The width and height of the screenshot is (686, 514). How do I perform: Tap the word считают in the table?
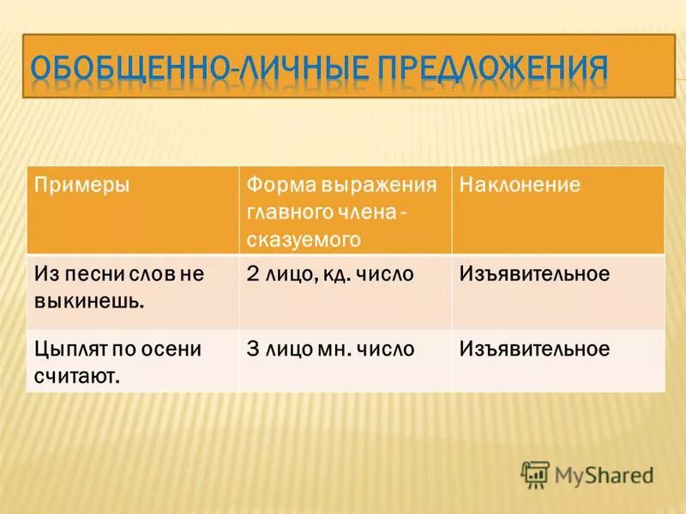[x=75, y=376]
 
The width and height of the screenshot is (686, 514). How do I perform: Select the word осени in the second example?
[x=171, y=350]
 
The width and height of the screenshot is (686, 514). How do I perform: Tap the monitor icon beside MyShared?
[x=535, y=474]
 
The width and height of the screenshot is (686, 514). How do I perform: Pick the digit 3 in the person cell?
[x=252, y=350]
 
